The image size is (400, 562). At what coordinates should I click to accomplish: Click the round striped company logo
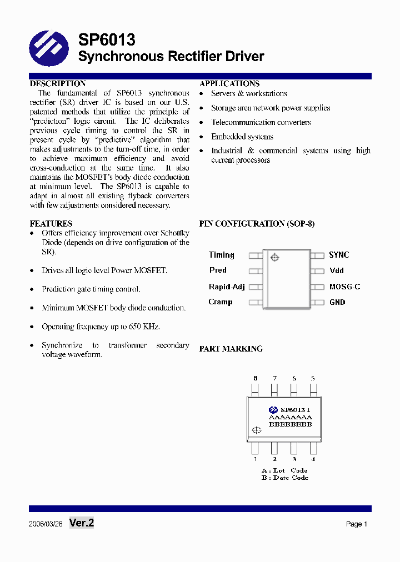pos(49,48)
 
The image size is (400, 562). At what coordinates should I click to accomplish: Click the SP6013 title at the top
pos(106,40)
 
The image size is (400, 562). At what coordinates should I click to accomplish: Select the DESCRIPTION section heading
pos(58,84)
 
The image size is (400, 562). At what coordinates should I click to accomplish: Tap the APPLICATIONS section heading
pos(229,84)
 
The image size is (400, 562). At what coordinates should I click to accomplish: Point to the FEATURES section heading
pos(51,224)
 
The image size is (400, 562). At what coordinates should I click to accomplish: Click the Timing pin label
pos(222,255)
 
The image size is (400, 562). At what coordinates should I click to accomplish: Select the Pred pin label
pos(218,270)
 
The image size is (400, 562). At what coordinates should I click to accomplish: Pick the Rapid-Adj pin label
pos(227,287)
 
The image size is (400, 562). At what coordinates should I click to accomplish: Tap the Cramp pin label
pos(221,302)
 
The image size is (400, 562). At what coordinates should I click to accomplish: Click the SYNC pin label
pos(339,255)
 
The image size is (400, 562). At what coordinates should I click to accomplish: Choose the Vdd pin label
pos(337,271)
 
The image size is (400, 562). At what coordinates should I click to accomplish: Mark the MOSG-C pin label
pos(344,287)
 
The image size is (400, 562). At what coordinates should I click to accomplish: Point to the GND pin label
pos(337,303)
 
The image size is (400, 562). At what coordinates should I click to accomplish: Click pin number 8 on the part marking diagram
pos(256,379)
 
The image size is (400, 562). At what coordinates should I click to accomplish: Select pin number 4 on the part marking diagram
pos(313,459)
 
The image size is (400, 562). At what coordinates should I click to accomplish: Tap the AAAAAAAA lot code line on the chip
pos(290,417)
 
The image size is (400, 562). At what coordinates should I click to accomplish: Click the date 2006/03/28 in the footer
pos(46,524)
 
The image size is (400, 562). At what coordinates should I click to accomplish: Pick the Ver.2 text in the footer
pos(82,523)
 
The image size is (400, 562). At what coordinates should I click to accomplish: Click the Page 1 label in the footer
pos(357,524)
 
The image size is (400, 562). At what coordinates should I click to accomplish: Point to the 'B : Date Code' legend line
pos(284,478)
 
